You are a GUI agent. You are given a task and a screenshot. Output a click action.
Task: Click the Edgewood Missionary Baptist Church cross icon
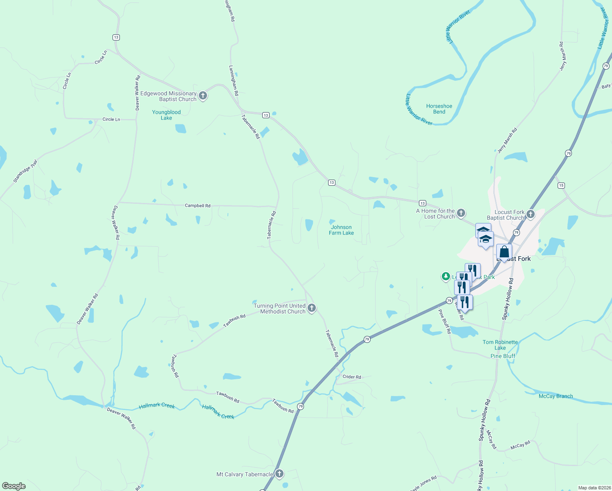(x=203, y=96)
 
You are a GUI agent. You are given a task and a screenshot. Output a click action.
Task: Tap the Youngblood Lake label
(x=166, y=115)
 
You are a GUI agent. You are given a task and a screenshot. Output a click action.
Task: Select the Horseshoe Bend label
(x=439, y=109)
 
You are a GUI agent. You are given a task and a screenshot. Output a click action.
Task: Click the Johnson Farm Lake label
(x=341, y=230)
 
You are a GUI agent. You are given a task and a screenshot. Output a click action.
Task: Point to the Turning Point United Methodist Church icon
(x=312, y=308)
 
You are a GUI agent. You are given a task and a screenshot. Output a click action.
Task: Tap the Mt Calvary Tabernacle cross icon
(x=279, y=474)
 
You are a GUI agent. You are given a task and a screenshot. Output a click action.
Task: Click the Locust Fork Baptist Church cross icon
(x=531, y=214)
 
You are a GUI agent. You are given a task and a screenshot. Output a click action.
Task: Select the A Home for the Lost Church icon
(x=461, y=213)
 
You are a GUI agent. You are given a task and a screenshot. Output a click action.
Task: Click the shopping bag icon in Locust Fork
(x=504, y=252)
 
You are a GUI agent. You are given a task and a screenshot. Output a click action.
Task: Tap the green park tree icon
(x=445, y=277)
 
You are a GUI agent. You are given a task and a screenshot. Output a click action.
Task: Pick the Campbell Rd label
(x=198, y=205)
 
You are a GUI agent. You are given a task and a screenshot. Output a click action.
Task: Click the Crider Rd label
(x=352, y=377)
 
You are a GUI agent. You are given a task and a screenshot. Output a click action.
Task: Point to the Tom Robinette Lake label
(x=500, y=345)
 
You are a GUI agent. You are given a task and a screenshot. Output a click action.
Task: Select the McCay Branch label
(x=556, y=396)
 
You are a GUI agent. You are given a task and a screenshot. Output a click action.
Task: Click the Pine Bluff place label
(x=503, y=356)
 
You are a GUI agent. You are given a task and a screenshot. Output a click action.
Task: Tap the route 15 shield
(x=561, y=185)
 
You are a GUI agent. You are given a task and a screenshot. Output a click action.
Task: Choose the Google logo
(x=13, y=486)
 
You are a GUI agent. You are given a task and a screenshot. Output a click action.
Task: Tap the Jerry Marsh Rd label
(x=507, y=140)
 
